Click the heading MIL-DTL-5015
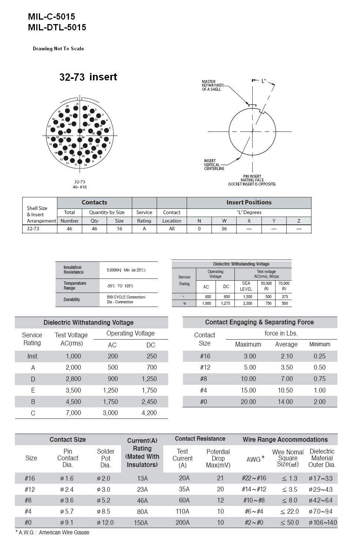click(x=57, y=27)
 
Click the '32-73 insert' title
click(x=88, y=77)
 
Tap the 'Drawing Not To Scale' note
click(x=58, y=49)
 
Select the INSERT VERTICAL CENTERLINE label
click(x=214, y=165)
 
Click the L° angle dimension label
click(x=264, y=81)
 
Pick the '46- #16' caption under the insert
click(x=80, y=187)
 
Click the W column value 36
click(x=224, y=229)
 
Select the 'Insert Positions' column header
click(x=249, y=203)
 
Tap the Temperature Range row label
click(x=75, y=286)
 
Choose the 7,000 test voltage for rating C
click(x=73, y=413)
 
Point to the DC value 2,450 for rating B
click(x=149, y=402)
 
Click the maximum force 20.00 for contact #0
click(x=248, y=402)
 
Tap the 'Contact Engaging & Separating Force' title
click(x=259, y=322)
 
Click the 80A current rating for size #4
click(x=142, y=512)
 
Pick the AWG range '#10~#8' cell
click(x=254, y=500)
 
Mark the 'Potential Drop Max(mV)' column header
click(x=218, y=458)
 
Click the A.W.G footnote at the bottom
click(x=52, y=532)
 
